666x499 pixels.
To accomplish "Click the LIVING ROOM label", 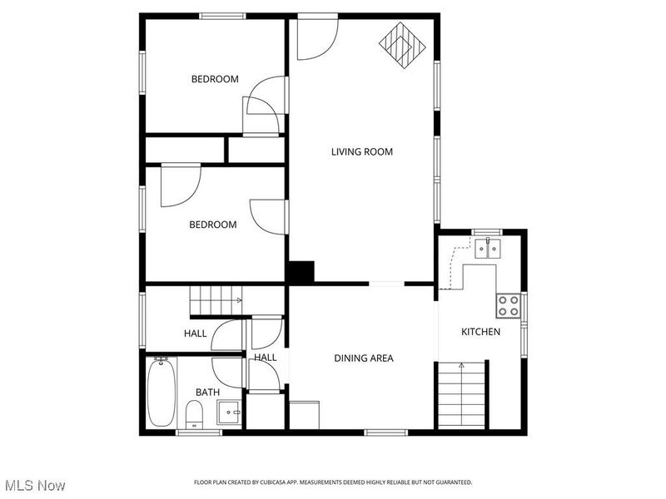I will (361, 151).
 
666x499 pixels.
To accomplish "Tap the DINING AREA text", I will (363, 358).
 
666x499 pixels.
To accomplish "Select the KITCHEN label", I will (480, 332).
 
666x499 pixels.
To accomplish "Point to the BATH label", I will (207, 392).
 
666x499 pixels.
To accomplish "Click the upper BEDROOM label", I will (215, 79).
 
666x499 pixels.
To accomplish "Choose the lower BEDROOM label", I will (212, 225).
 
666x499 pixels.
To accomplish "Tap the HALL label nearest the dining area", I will (266, 358).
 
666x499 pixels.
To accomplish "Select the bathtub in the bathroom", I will (161, 392).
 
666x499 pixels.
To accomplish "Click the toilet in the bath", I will (193, 413).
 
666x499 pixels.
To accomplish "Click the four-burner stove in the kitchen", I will (509, 306).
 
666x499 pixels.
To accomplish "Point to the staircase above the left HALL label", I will (216, 299).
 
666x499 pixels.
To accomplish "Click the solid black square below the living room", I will (301, 272).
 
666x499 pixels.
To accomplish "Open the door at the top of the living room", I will (317, 37).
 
